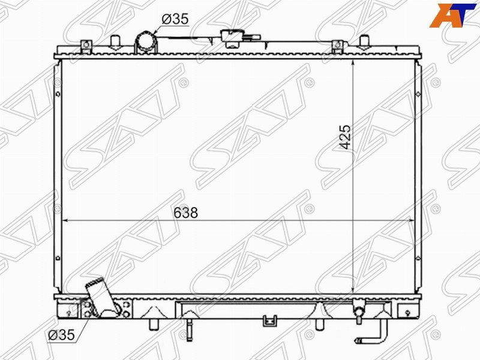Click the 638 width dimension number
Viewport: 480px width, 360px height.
[185, 212]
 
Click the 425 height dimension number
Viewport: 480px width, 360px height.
[346, 137]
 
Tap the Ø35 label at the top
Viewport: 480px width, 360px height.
[175, 19]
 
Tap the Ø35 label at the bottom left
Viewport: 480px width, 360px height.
[61, 335]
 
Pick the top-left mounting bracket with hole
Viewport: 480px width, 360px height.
[86, 46]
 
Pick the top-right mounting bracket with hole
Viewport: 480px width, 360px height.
[337, 46]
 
